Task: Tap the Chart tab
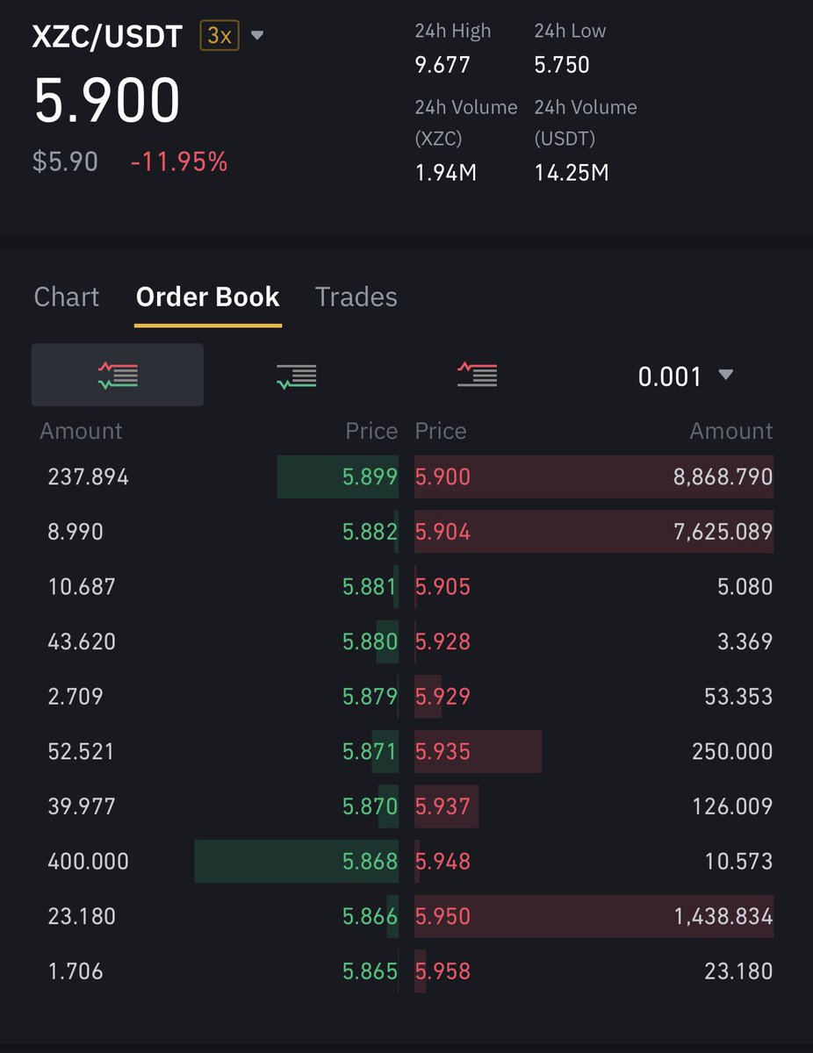67,297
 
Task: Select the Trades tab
356,297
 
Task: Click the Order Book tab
207,297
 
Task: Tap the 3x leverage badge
219,35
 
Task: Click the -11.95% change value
179,161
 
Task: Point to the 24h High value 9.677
442,64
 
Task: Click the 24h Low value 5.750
561,64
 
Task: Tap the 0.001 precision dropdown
685,376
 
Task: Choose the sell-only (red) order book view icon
477,375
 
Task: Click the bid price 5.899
370,476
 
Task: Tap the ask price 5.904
442,532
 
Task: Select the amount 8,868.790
723,476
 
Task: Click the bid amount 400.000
88,861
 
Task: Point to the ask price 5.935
442,751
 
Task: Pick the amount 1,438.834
723,916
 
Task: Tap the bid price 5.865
370,971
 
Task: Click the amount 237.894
88,476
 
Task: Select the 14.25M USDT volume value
572,173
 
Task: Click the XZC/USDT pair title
107,36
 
